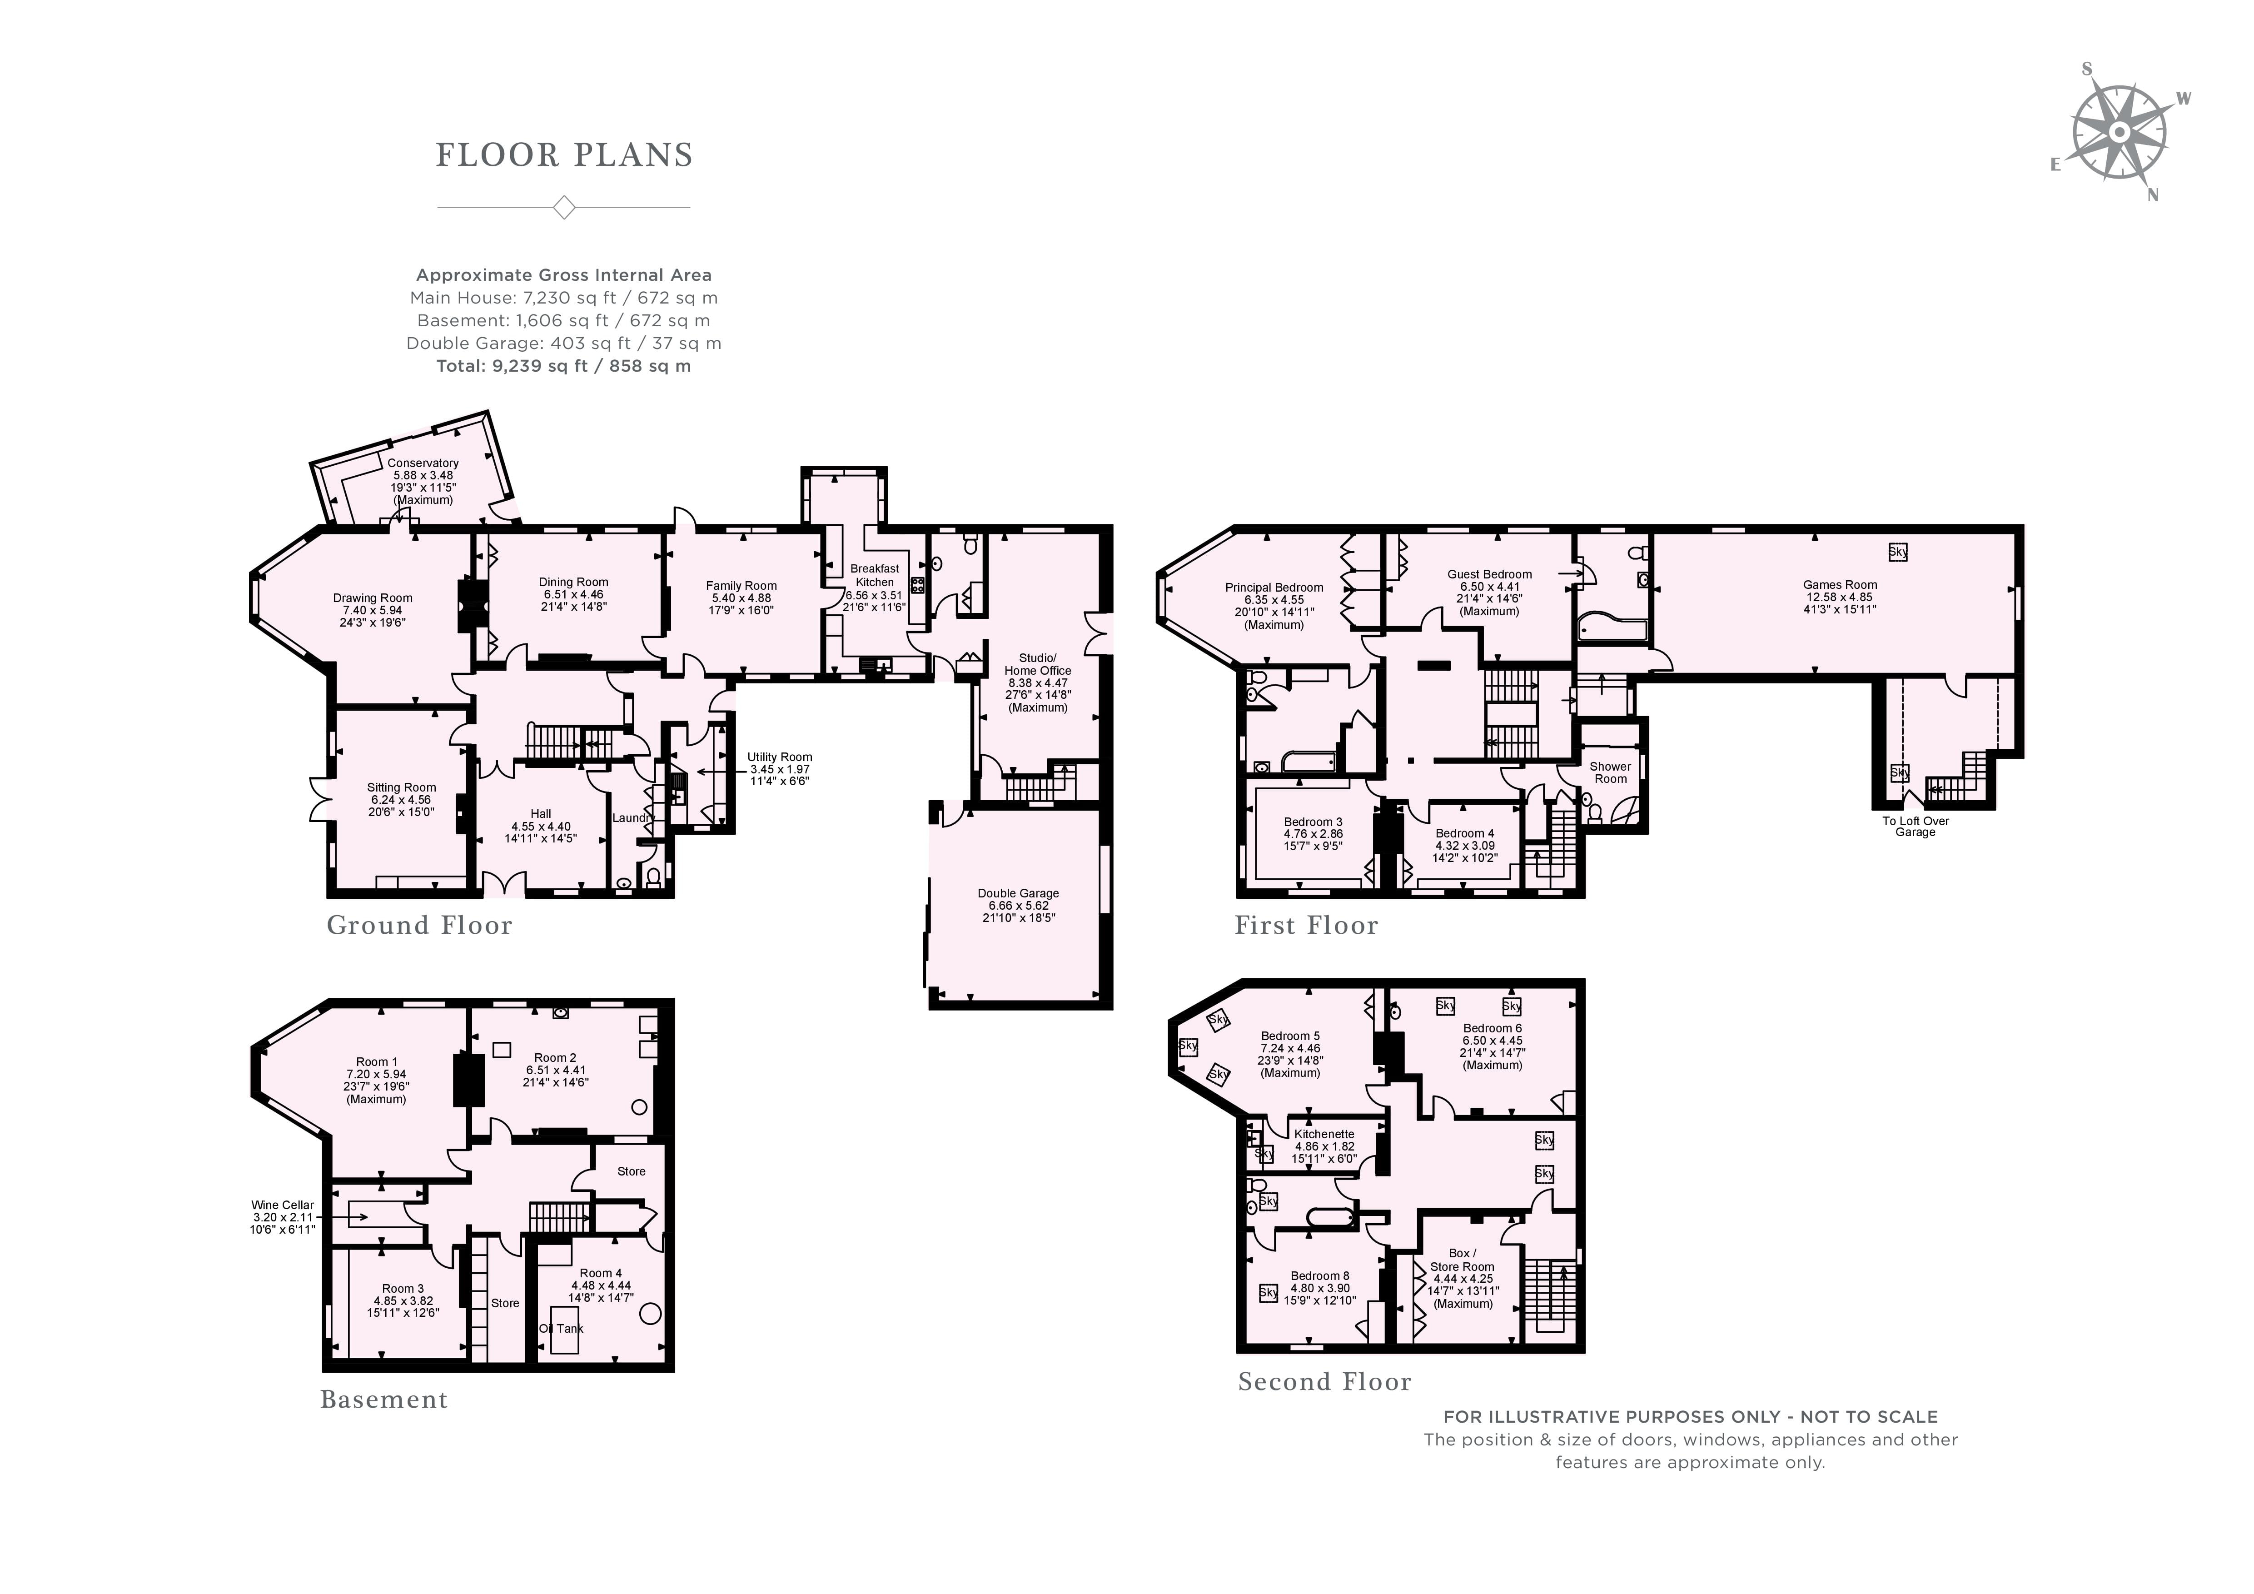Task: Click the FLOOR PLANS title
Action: point(564,155)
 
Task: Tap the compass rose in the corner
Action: point(2119,133)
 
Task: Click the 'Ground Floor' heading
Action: point(419,926)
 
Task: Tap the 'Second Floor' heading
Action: point(1324,1382)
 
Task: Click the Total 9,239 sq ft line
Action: point(563,366)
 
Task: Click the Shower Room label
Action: point(1610,772)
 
